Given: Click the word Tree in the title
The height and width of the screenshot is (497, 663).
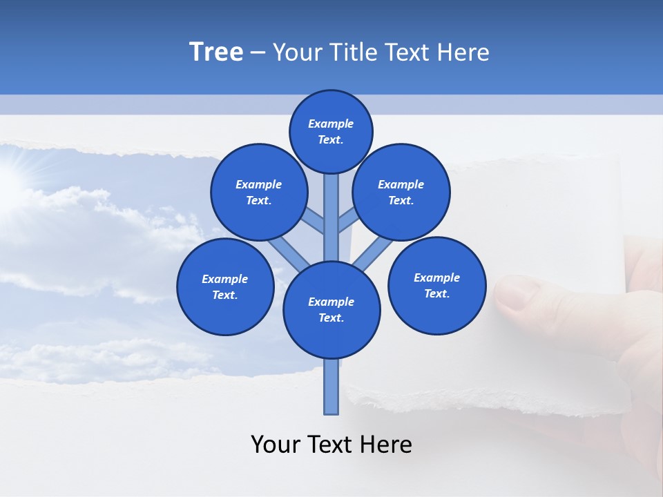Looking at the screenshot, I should click(216, 52).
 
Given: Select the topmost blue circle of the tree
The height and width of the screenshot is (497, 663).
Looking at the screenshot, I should click(331, 131).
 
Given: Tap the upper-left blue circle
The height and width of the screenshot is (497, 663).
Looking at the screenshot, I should click(258, 192).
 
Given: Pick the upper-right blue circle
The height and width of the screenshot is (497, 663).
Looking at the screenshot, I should click(401, 192).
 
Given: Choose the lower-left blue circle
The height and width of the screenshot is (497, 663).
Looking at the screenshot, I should click(225, 286).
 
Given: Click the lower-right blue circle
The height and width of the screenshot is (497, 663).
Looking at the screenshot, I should click(436, 285).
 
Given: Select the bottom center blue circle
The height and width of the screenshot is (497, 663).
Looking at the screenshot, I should click(331, 310).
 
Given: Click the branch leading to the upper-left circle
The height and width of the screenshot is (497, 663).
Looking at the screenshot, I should click(313, 220).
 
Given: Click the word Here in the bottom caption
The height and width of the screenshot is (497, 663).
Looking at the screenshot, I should click(387, 445).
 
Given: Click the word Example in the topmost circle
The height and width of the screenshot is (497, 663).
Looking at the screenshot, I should click(331, 124).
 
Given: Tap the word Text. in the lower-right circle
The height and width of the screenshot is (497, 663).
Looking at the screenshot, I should click(436, 293).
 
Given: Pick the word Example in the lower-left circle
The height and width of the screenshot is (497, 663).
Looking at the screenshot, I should click(225, 279).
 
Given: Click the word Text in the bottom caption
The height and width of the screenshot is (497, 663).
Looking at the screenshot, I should click(331, 445).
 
